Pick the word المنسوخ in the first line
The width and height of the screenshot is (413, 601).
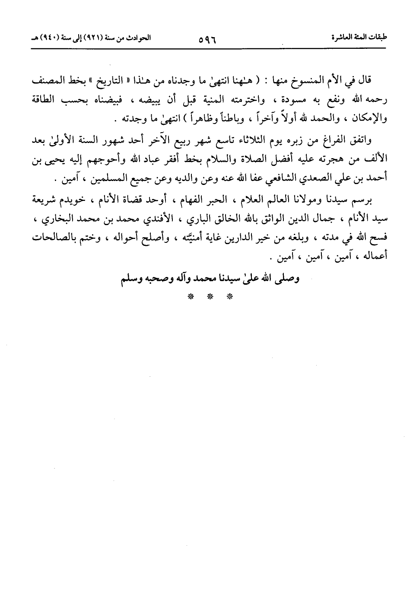coord(317,81)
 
